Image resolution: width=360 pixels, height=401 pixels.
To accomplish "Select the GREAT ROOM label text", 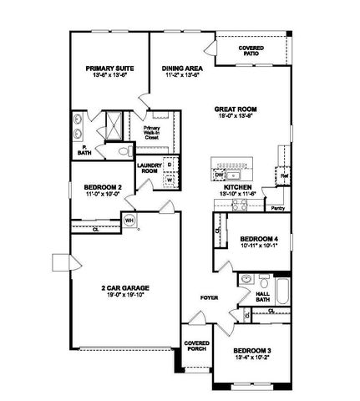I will click(x=235, y=109).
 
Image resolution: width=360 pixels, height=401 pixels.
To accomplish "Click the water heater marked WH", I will click(x=130, y=220).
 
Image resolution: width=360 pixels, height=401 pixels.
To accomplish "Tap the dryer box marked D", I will click(x=170, y=165).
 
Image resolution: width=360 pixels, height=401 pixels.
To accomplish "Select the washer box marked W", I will click(x=170, y=179).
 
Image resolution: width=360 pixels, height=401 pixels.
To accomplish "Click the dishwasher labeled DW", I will click(x=220, y=175).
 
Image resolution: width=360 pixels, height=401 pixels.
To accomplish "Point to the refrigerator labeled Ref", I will click(x=284, y=176).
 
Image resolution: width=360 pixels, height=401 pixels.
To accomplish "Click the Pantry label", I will click(x=278, y=207).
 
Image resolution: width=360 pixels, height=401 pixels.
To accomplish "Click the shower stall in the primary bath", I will click(x=109, y=126).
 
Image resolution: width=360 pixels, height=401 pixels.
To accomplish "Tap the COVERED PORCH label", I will click(x=197, y=347).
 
